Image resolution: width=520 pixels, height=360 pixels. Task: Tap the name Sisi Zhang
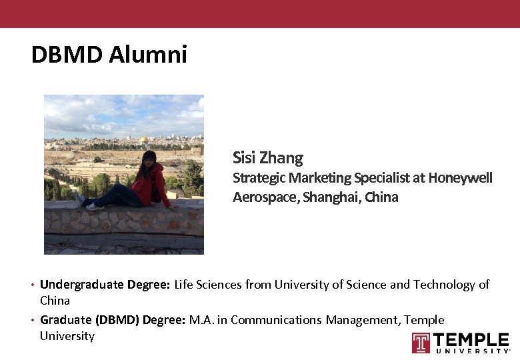[268, 158]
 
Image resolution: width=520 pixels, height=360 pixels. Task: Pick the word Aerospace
[265, 197]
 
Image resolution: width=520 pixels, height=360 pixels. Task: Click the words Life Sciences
[208, 285]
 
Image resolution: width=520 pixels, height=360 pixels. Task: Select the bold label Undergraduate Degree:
[105, 285]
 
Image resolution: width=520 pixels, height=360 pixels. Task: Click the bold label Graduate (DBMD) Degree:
[113, 320]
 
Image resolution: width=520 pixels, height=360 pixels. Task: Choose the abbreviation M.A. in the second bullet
[201, 320]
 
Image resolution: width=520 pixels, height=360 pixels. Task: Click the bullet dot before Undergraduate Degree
[33, 285]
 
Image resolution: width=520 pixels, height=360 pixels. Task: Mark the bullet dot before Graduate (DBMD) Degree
[33, 321]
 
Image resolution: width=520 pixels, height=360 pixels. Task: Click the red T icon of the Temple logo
[421, 343]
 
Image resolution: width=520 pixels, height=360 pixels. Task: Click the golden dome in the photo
[143, 139]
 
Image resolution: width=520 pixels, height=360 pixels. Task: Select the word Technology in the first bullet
[444, 285]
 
